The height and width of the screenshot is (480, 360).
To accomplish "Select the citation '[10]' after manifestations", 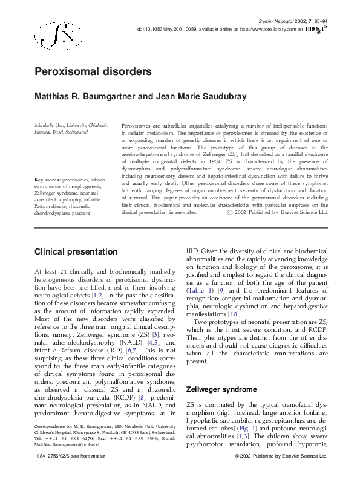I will pyautogui.click(x=233, y=314).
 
